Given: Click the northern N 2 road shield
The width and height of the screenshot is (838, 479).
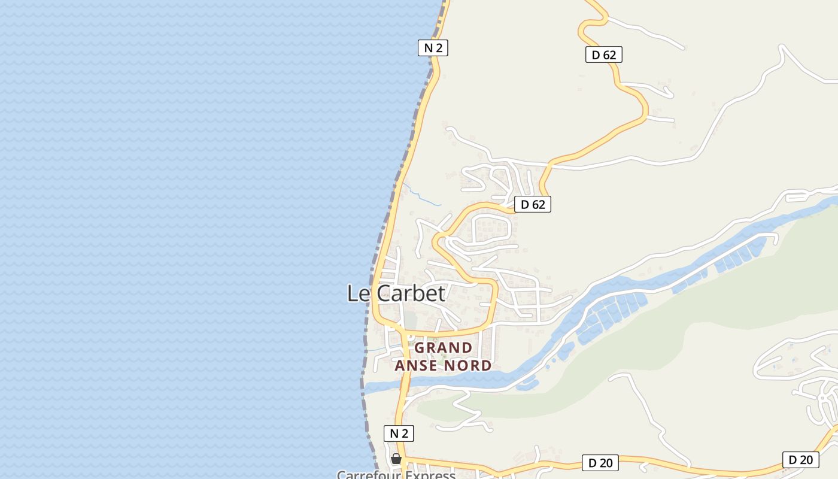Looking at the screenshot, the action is [433, 48].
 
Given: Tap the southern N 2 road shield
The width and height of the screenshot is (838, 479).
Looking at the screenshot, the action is [399, 433].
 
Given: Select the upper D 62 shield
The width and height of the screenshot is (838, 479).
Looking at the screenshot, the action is [603, 54].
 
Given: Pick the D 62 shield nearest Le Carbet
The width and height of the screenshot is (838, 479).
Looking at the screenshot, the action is [532, 204].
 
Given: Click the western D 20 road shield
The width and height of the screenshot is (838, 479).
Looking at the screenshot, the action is [600, 462].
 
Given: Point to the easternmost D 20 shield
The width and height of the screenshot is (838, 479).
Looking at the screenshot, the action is [800, 459].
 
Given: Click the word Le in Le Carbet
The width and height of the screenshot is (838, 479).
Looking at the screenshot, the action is [357, 293].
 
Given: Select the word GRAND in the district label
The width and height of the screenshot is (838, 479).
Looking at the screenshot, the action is [444, 348].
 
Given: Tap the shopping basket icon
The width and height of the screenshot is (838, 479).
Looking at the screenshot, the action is [396, 459].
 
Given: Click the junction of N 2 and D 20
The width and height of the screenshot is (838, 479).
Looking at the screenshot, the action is [402, 460].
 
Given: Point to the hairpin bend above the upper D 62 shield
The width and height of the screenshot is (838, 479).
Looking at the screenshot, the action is [584, 27].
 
